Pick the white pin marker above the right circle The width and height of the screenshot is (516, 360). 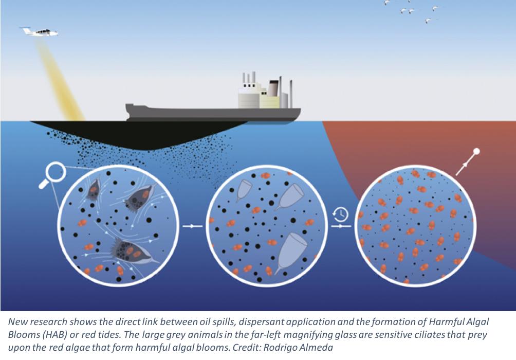coord(476,152)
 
